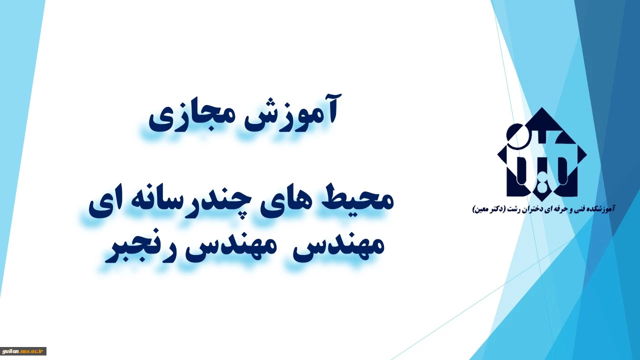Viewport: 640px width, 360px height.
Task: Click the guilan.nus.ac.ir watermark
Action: point(23,351)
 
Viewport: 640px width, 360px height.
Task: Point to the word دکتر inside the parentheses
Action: point(496,209)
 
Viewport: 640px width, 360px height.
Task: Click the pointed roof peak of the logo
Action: point(541,108)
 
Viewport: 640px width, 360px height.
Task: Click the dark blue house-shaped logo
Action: point(541,152)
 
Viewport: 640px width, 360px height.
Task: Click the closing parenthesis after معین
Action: point(474,210)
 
